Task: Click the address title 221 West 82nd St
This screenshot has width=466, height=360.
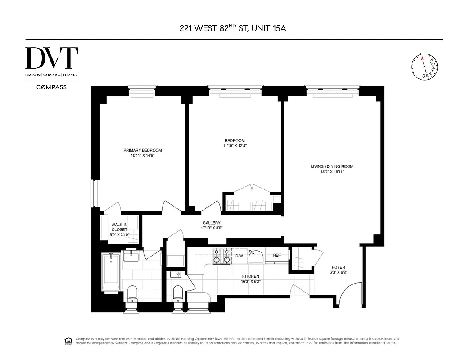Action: pyautogui.click(x=233, y=29)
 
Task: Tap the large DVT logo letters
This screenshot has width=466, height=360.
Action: pyautogui.click(x=52, y=58)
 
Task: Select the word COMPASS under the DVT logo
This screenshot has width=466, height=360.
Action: pyautogui.click(x=52, y=87)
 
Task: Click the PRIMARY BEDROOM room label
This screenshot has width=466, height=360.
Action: pyautogui.click(x=143, y=150)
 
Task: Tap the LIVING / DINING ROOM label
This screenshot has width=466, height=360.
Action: pyautogui.click(x=332, y=166)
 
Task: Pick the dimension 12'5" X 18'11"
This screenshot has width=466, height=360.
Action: pyautogui.click(x=332, y=172)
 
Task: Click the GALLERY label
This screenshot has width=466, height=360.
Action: pyautogui.click(x=211, y=223)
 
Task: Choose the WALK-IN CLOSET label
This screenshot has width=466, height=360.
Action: pyautogui.click(x=120, y=227)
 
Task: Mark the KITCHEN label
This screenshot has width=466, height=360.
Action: pyautogui.click(x=250, y=276)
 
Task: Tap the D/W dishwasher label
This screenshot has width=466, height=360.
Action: pyautogui.click(x=240, y=256)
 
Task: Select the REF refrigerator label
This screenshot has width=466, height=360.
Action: pyautogui.click(x=277, y=256)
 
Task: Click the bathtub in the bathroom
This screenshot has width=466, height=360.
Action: pyautogui.click(x=111, y=272)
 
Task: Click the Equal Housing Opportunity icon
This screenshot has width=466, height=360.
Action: pyautogui.click(x=68, y=340)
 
